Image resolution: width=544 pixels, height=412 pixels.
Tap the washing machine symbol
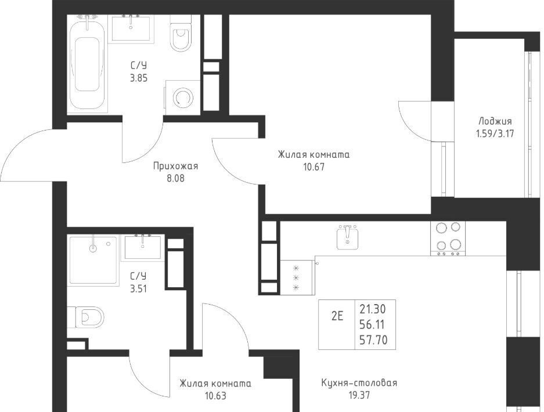pyautogui.click(x=182, y=97)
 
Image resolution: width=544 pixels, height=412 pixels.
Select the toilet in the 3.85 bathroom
pyautogui.click(x=181, y=33)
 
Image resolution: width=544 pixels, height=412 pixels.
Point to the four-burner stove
pyautogui.click(x=448, y=238)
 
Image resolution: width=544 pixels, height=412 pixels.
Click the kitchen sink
pyautogui.click(x=347, y=237)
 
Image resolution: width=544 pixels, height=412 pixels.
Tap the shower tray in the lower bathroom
pyautogui.click(x=93, y=259)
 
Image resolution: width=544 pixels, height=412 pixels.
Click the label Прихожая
pyautogui.click(x=175, y=167)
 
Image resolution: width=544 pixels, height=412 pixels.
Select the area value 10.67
pyautogui.click(x=314, y=167)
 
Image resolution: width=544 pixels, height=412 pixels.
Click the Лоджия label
pyautogui.click(x=495, y=121)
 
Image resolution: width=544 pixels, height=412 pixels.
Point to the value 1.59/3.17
pyautogui.click(x=495, y=133)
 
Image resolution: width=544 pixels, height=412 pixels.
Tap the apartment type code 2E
pyautogui.click(x=337, y=316)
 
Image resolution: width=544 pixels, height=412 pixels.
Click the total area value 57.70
pyautogui.click(x=373, y=340)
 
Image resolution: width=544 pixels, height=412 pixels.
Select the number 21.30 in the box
pyautogui.click(x=373, y=309)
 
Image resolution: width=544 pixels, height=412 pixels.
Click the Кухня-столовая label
pyautogui.click(x=359, y=383)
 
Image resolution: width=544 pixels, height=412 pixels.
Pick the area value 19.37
pyautogui.click(x=359, y=395)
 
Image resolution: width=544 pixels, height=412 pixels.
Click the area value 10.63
pyautogui.click(x=215, y=396)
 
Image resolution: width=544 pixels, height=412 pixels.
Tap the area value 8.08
pyautogui.click(x=175, y=179)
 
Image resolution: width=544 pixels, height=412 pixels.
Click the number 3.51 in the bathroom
pyautogui.click(x=138, y=288)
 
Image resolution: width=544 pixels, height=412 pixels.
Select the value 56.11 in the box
pyautogui.click(x=372, y=324)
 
